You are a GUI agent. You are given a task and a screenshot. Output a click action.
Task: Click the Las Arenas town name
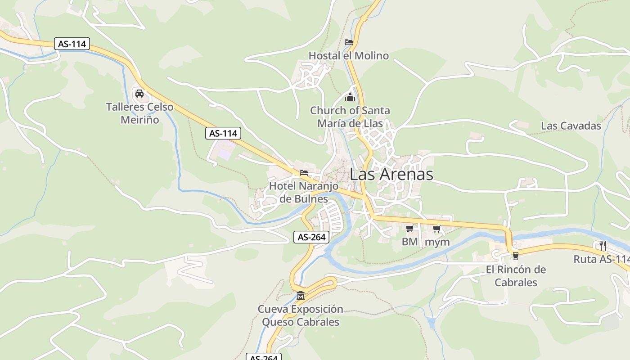[391, 174]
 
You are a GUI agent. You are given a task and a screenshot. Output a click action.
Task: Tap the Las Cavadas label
[571, 126]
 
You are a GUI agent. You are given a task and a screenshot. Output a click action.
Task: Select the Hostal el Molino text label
[348, 56]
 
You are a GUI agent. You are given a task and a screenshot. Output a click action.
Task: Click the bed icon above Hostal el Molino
[348, 42]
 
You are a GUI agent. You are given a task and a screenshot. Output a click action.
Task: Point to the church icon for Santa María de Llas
[350, 97]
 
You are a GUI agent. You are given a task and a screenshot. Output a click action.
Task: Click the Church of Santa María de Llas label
[350, 117]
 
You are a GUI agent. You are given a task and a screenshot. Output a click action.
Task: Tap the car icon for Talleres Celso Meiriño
[139, 94]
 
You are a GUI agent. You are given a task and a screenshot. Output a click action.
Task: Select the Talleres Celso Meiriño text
[139, 113]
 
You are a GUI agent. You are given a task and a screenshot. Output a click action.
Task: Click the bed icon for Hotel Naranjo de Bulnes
[304, 172]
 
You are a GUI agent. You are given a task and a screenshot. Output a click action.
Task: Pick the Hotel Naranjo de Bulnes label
[303, 192]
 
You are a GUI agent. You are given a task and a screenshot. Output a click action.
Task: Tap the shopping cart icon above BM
[409, 229]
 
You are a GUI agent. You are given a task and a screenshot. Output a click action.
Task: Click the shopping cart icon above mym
[436, 229]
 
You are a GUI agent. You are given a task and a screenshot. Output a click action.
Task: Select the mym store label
[437, 242]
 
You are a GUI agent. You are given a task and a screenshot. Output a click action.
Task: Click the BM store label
[409, 242]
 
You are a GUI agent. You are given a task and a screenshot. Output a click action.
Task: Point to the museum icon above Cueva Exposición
[300, 296]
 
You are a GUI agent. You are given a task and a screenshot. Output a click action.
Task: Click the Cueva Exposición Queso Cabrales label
[300, 315]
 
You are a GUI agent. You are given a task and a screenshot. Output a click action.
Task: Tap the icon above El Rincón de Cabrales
[515, 256]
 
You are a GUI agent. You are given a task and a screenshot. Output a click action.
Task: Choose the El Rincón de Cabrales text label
[516, 276]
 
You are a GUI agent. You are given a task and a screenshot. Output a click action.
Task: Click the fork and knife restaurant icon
[603, 246]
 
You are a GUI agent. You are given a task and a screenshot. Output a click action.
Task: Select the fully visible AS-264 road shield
[311, 237]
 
